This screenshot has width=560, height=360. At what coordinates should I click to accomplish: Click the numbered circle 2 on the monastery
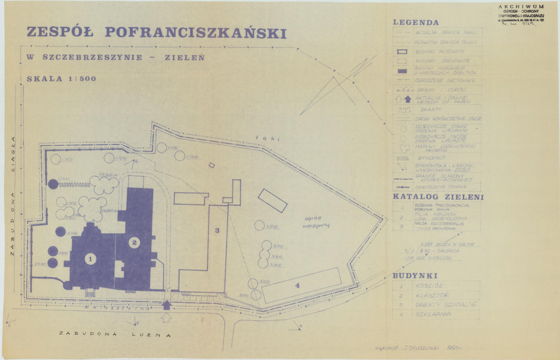pos(134,242)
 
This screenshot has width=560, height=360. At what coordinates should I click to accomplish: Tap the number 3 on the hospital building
pos(217,230)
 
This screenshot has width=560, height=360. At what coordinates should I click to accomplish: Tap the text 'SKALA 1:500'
pos(62,79)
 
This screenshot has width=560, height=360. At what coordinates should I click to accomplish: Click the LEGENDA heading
pos(416,22)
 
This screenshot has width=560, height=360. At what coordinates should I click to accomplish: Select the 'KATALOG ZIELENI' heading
pos(438,197)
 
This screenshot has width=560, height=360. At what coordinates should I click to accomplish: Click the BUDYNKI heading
pos(415,276)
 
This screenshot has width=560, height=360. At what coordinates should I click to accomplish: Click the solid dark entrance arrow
pos(167,305)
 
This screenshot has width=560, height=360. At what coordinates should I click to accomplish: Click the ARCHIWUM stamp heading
pos(521,7)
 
